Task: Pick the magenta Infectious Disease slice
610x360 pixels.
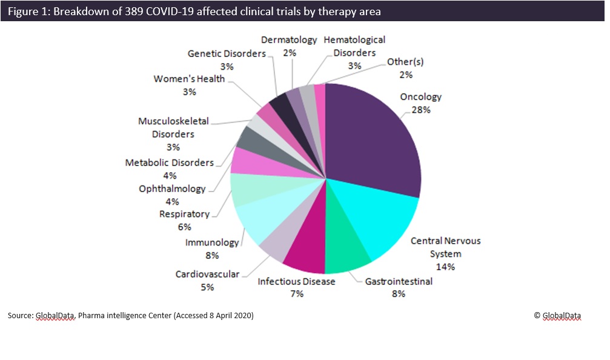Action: pos(306,255)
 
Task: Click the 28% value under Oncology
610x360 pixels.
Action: pos(420,110)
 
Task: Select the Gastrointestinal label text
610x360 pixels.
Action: pos(399,281)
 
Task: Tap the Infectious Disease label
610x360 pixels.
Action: pos(296,281)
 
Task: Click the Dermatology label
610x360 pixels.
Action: pos(289,40)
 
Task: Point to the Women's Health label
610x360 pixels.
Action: pos(189,79)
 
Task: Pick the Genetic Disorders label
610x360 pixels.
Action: pos(227,53)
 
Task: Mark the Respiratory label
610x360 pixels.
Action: pos(184,214)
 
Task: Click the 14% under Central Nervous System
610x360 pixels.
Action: pos(445,266)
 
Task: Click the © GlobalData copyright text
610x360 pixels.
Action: pos(557,315)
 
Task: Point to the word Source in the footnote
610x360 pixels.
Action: pos(19,316)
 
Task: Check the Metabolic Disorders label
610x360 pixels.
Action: pos(170,162)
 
